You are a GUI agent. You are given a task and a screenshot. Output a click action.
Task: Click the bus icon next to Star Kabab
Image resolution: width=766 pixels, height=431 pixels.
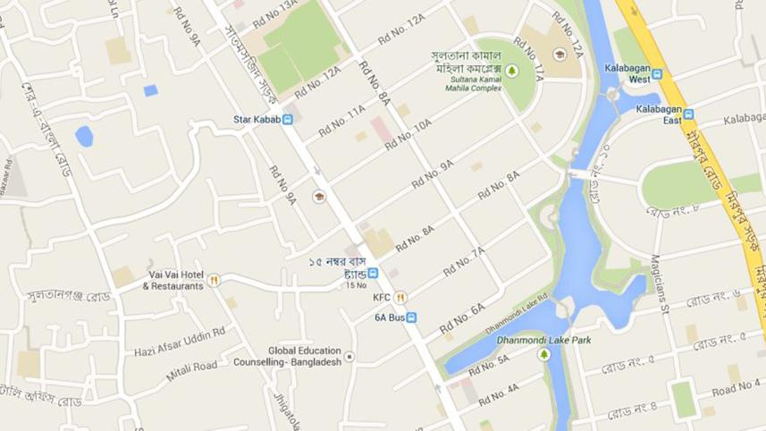point(288,119)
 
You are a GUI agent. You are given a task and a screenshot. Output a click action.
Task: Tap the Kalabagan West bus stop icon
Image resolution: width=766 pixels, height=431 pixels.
point(657,75)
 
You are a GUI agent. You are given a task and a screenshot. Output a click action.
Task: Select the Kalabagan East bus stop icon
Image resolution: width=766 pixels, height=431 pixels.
point(688,114)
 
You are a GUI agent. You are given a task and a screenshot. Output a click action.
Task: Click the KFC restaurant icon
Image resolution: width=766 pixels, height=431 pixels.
point(401,298)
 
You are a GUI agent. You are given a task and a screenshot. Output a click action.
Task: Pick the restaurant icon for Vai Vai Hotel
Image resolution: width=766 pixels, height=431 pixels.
point(214,280)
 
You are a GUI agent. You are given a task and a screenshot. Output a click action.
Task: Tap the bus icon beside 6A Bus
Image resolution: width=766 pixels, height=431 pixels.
point(411,317)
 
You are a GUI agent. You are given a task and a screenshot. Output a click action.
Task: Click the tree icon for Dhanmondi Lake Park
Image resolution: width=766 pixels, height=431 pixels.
point(543,355)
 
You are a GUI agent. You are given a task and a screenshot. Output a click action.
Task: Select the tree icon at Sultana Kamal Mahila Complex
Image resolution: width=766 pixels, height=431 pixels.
point(511,70)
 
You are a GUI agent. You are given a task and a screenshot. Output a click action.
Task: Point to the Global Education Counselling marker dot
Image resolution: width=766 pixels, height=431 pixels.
point(349,357)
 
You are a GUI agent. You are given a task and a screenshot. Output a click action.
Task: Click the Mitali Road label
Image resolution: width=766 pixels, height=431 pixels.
point(191,366)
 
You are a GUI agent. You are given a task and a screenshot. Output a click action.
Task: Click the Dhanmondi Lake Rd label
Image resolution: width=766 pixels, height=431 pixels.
point(517,314)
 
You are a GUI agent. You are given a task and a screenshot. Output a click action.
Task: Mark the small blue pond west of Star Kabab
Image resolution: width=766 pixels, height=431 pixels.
point(84,136)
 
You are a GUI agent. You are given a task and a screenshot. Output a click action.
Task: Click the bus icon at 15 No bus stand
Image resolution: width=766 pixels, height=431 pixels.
point(373,273)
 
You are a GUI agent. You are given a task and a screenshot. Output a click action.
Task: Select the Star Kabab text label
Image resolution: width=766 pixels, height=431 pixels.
point(257,119)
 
